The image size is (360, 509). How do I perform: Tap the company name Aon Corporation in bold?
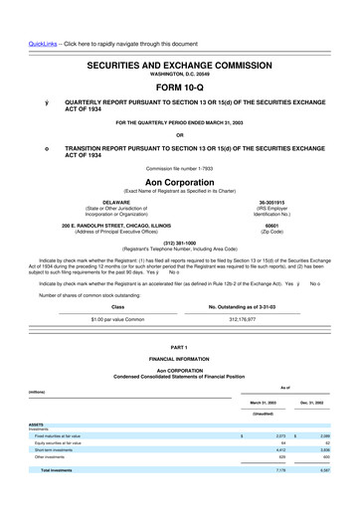tap(179, 184)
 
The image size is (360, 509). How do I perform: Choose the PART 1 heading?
tap(179, 345)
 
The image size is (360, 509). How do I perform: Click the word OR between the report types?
tap(179, 135)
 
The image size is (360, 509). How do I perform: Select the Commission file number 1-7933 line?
tap(179, 169)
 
